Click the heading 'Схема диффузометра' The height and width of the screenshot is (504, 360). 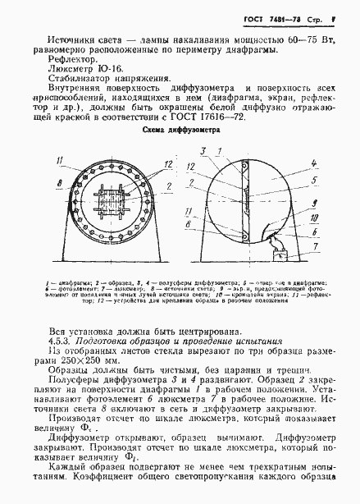click(182, 130)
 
